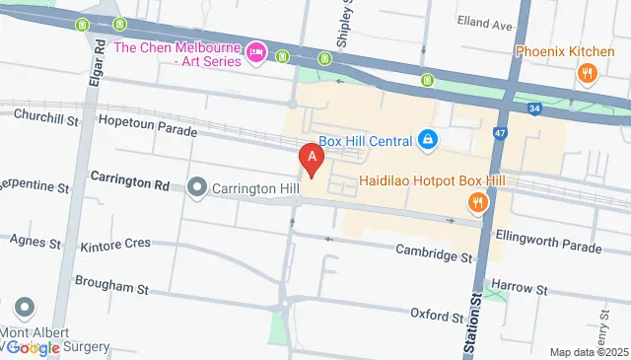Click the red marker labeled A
(313, 159)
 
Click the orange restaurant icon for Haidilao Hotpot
(476, 202)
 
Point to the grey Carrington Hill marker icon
(197, 185)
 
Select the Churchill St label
(45, 116)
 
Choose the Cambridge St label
(434, 254)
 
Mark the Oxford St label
(437, 316)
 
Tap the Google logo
(35, 347)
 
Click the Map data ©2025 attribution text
(589, 352)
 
